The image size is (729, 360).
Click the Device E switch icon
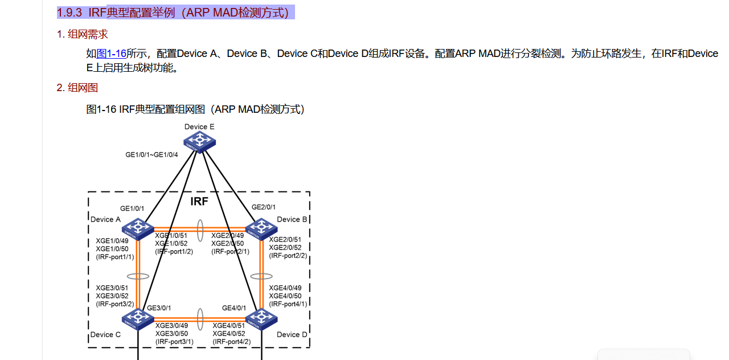(199, 141)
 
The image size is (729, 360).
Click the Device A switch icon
(137, 229)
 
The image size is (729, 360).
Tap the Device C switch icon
(138, 320)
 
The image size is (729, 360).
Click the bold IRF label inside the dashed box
(199, 202)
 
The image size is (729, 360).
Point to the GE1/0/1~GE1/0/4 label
(151, 154)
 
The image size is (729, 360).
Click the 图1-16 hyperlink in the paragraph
(111, 54)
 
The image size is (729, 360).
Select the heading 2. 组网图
(77, 88)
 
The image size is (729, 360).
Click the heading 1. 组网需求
(82, 34)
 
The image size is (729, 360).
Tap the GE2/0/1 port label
(264, 207)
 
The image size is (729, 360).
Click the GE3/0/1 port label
(159, 308)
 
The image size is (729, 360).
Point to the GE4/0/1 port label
(234, 308)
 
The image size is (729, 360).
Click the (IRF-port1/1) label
(115, 257)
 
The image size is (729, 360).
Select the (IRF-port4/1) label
(288, 304)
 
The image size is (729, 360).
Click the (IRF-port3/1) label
(174, 342)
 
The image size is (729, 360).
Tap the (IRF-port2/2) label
(288, 256)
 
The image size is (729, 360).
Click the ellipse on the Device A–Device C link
(138, 276)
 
